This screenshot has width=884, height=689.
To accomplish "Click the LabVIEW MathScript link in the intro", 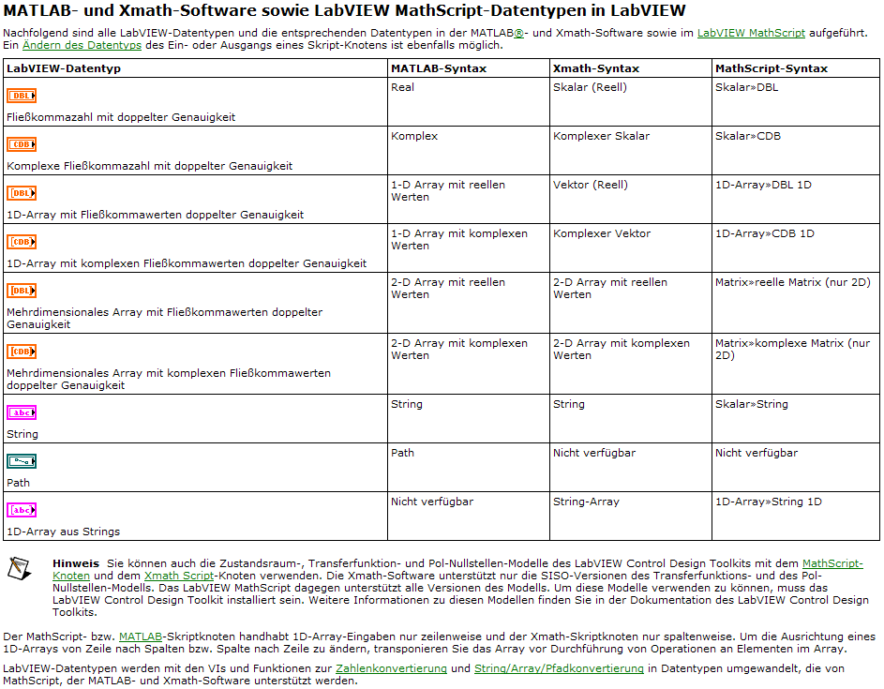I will (751, 33).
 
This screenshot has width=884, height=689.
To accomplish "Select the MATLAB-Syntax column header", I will (438, 68).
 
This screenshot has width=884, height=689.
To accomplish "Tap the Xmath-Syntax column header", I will (596, 68).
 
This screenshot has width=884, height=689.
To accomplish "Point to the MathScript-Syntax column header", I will (771, 68).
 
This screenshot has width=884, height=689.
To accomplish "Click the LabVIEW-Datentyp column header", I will (64, 68).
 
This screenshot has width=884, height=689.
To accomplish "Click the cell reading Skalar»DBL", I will (746, 87).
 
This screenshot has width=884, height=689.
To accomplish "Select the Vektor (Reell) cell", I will (590, 185).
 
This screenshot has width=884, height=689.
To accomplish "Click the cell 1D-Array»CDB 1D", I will (764, 233).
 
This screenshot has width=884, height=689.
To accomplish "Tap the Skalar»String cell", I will (751, 404).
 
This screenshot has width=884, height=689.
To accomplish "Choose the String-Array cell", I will (586, 502).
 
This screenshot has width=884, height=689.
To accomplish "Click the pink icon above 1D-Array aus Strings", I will (22, 510).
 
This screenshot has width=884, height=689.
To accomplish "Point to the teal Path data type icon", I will (22, 461).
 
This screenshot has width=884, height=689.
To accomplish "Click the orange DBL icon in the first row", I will (22, 96).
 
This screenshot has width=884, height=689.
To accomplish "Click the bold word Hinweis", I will (76, 562).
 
